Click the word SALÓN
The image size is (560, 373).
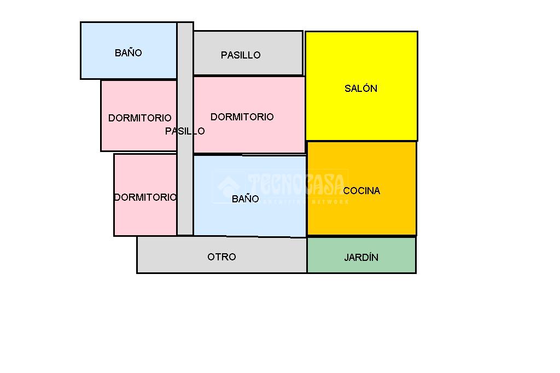coord(361,88)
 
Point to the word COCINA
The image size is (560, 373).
coord(361,190)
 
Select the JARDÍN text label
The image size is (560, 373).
coord(361,257)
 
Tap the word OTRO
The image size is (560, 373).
coord(221,257)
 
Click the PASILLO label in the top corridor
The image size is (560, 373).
coord(241,55)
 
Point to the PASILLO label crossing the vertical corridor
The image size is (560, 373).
coord(185,131)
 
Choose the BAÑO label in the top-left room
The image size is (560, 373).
coord(129,53)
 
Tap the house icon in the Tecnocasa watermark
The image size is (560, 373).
coord(228,186)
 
